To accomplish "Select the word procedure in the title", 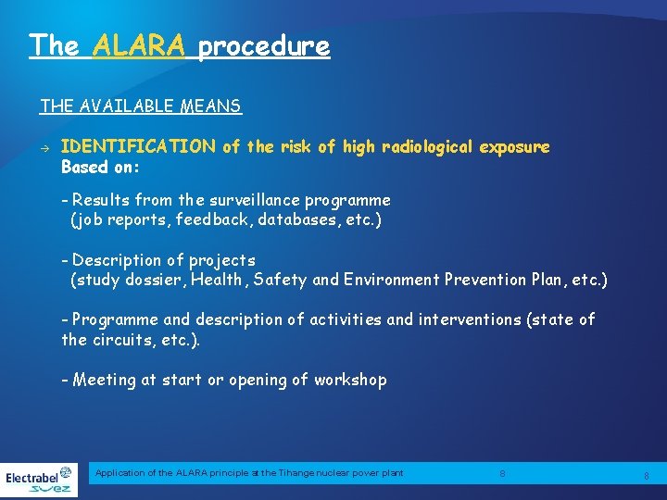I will (x=263, y=45).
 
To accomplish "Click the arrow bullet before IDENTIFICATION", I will (x=44, y=147).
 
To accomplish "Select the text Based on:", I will (x=100, y=168).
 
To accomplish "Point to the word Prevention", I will (x=490, y=280).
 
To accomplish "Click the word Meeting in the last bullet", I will (x=104, y=380).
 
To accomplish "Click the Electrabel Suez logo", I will (x=39, y=479).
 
